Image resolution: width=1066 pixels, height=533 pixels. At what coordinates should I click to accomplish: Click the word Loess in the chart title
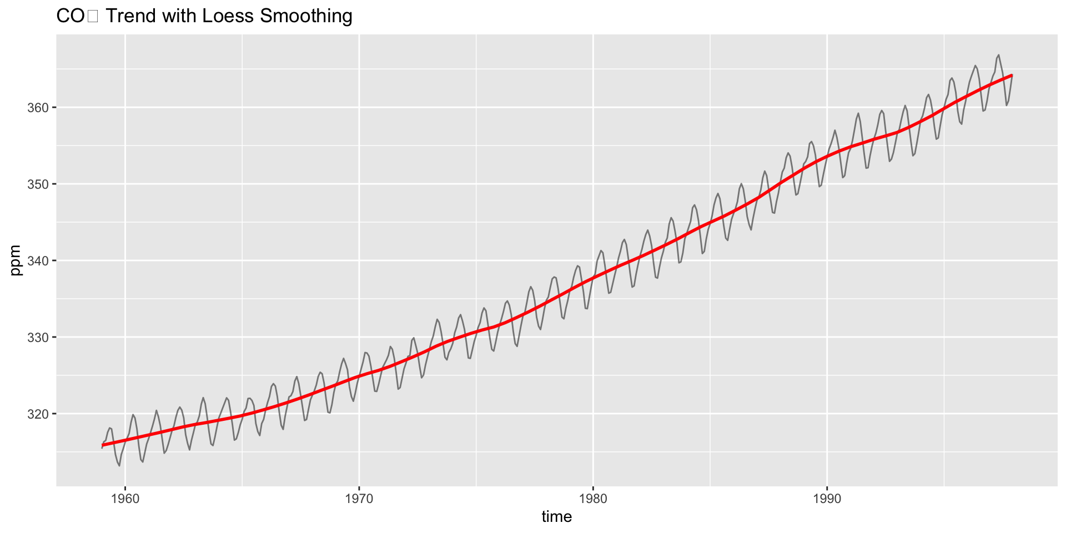228,16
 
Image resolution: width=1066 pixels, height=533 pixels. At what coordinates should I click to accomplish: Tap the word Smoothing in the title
306,16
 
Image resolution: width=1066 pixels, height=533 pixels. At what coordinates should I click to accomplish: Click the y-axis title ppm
16,260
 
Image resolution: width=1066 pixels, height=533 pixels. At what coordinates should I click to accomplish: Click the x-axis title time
556,517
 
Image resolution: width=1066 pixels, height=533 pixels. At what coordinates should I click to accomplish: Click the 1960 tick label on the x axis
125,499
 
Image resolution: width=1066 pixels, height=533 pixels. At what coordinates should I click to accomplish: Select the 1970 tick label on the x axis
359,499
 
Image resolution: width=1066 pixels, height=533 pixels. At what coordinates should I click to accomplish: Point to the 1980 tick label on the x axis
593,499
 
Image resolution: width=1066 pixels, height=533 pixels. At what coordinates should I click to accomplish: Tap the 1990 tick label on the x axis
827,499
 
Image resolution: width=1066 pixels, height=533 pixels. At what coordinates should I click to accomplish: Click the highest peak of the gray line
999,55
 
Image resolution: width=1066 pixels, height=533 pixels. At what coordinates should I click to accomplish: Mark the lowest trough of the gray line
119,466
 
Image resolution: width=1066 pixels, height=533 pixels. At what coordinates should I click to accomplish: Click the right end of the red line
1012,75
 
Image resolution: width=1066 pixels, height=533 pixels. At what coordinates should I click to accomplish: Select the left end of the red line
102,445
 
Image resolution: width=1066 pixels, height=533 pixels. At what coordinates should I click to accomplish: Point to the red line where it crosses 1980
593,277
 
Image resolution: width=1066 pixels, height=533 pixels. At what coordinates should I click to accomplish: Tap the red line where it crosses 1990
827,156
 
